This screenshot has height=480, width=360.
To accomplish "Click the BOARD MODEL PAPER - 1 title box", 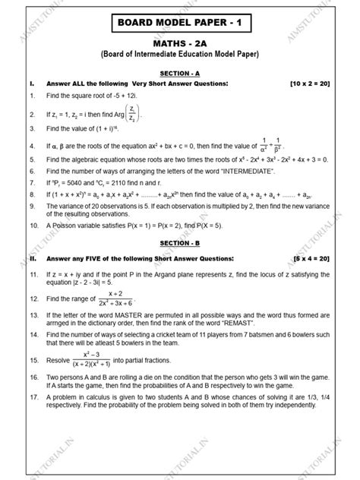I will [x=180, y=23].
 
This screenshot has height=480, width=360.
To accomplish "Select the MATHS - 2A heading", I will [x=180, y=43].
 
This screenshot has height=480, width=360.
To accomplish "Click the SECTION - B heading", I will [x=179, y=242].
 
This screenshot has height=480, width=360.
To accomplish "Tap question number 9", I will [x=30, y=205].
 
